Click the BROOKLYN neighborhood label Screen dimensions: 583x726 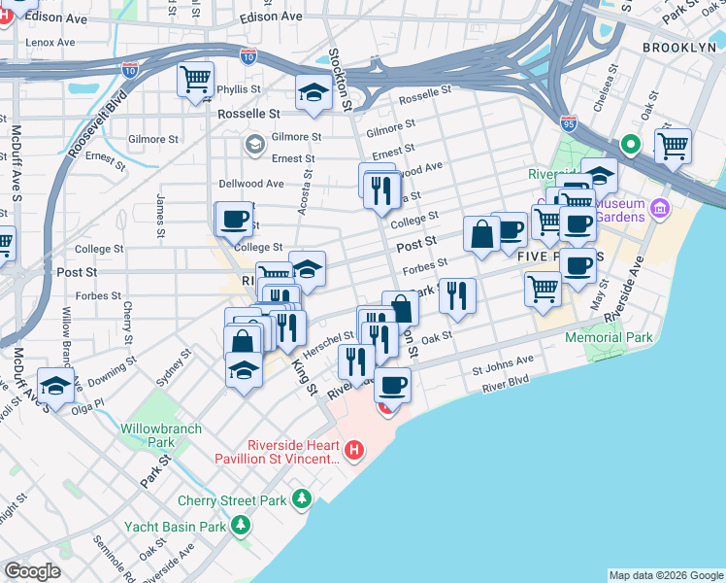tap(677, 48)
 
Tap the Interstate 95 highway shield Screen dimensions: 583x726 tap(569, 122)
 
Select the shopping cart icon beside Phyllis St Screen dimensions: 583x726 tap(195, 80)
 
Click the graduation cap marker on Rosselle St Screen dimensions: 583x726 tap(313, 93)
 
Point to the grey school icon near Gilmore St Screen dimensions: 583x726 tap(254, 145)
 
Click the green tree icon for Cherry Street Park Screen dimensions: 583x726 tap(303, 499)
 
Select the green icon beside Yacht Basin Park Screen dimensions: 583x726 tap(240, 527)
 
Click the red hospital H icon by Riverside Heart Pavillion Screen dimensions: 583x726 tap(355, 450)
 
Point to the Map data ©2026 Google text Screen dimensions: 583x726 tap(666, 575)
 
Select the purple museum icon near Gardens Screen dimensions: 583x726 tap(661, 208)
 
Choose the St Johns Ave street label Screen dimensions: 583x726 tap(503, 367)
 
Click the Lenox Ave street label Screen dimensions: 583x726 tap(50, 43)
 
